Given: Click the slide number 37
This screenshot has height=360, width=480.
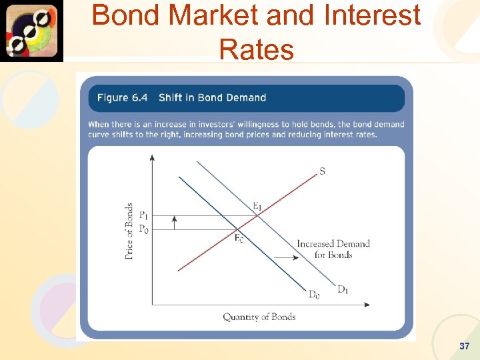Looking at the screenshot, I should (x=465, y=347).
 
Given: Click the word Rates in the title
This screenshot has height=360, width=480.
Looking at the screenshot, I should (x=256, y=49).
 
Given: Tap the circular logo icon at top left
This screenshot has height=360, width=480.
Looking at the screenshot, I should (x=31, y=31).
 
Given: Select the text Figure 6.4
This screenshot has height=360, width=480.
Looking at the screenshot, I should (x=122, y=97).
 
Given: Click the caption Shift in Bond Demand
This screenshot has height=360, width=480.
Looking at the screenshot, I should (x=212, y=97).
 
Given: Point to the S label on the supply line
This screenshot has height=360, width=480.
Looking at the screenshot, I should (x=323, y=171).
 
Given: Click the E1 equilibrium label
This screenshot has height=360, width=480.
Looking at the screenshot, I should (x=257, y=206).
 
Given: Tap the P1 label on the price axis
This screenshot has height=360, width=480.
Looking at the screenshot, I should (x=143, y=215).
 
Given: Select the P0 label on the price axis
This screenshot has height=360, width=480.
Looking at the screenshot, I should (x=143, y=229).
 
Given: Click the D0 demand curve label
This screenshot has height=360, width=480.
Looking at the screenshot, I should (x=313, y=295).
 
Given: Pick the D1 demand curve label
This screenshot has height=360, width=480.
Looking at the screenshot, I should (x=343, y=289).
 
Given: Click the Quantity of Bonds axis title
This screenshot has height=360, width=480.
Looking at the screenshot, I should (x=259, y=317).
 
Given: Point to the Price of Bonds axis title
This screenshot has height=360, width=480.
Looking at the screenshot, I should (x=129, y=231).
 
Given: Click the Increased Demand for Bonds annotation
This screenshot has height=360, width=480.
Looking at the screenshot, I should (x=333, y=249).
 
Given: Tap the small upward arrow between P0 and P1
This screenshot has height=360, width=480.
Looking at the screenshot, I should (x=174, y=222).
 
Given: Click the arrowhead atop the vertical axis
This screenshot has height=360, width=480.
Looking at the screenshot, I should (x=152, y=158).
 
